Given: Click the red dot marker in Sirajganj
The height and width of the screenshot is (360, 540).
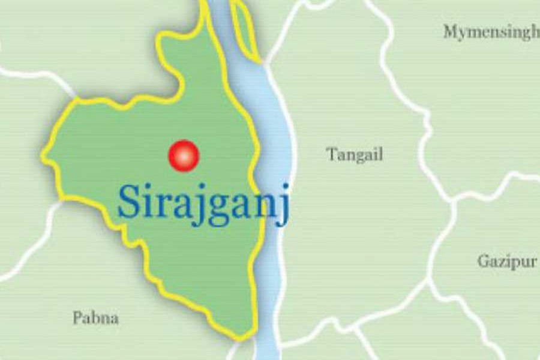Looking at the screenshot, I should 184,156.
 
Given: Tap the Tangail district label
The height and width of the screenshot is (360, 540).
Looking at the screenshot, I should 355,155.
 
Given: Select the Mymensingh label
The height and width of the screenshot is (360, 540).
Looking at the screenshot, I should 491,32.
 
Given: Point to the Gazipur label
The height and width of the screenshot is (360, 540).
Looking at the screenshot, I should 507,262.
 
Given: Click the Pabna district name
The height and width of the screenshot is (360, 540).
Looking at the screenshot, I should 95,317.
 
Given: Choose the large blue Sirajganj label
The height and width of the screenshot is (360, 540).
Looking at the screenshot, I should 203,203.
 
